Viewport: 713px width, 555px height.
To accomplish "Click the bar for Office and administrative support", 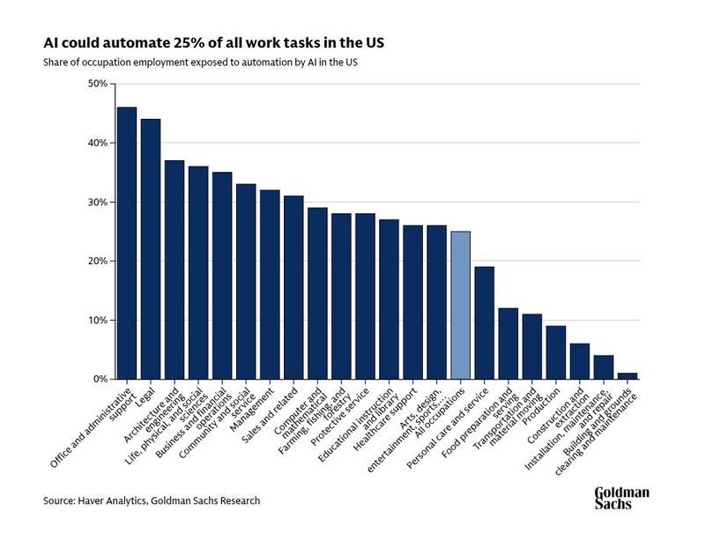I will coord(127,243).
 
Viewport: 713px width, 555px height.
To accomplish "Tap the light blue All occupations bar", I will coord(460,305).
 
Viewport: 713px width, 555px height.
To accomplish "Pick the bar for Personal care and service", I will coord(484,322).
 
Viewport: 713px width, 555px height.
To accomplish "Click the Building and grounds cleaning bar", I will coord(627,375).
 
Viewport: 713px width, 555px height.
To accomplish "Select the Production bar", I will coord(555,352).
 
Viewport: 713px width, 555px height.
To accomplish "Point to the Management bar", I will coord(270,285).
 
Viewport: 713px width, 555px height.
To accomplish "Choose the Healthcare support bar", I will coord(412,302).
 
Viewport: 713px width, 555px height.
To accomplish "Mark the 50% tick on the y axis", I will coord(97,84).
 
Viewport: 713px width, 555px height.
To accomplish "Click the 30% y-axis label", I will coord(97,202).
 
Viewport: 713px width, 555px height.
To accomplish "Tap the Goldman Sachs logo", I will coord(621,498).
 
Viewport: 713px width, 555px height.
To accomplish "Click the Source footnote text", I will coord(152,501).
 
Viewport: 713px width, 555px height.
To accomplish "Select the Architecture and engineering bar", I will coord(175,270).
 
